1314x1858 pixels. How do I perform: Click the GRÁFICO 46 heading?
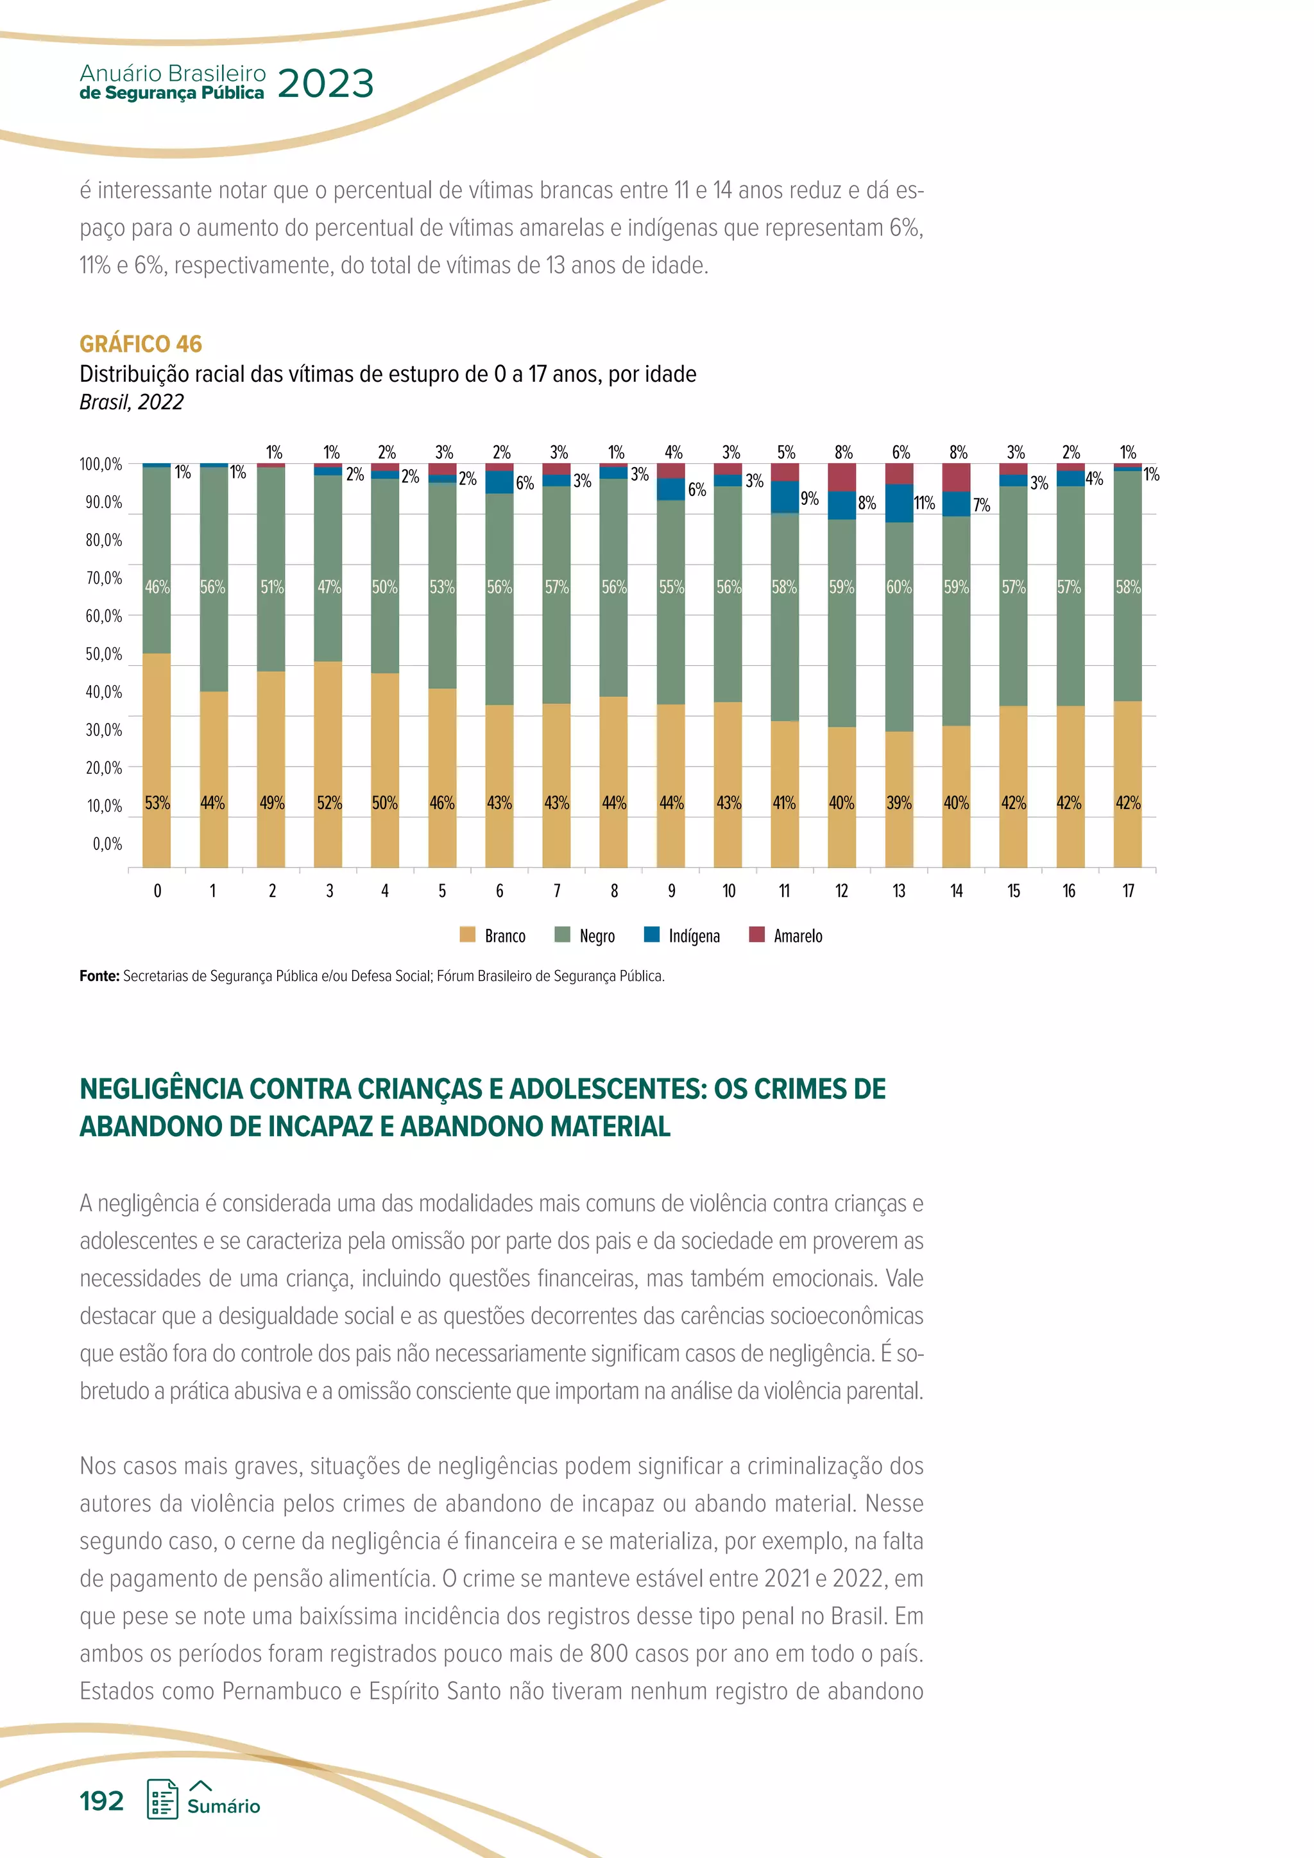click(141, 344)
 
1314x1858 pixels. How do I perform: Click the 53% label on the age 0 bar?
click(157, 803)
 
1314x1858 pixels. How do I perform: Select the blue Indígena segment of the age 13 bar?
click(899, 502)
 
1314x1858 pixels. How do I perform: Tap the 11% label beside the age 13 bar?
click(924, 502)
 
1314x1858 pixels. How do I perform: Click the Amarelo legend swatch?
click(756, 935)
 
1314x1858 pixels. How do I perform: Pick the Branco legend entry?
click(493, 935)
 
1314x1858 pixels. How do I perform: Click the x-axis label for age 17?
click(1128, 891)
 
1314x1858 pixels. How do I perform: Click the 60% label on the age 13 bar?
click(899, 586)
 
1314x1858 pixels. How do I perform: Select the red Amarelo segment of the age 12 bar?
click(842, 477)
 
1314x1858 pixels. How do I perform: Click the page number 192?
click(102, 1800)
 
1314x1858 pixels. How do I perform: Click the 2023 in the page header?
click(325, 83)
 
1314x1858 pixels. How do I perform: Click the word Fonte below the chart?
click(99, 976)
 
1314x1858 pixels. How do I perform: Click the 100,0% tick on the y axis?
click(101, 464)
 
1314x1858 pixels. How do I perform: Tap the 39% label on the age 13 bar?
click(899, 803)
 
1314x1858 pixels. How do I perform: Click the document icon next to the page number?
click(162, 1799)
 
